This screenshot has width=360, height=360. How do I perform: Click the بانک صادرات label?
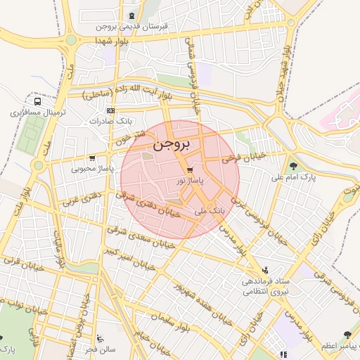pyautogui.click(x=105, y=121)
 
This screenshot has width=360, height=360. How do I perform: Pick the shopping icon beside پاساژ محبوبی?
pyautogui.click(x=92, y=158)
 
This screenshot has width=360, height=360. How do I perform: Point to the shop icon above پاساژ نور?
pyautogui.click(x=190, y=170)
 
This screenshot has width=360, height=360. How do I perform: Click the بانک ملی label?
pyautogui.click(x=210, y=210)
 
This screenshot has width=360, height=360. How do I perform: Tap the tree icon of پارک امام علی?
pyautogui.click(x=293, y=166)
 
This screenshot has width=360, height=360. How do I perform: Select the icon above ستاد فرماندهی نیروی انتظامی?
pyautogui.click(x=264, y=270)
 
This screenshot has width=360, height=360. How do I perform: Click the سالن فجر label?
pyautogui.click(x=101, y=349)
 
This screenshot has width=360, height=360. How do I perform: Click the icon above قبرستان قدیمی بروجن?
pyautogui.click(x=132, y=15)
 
